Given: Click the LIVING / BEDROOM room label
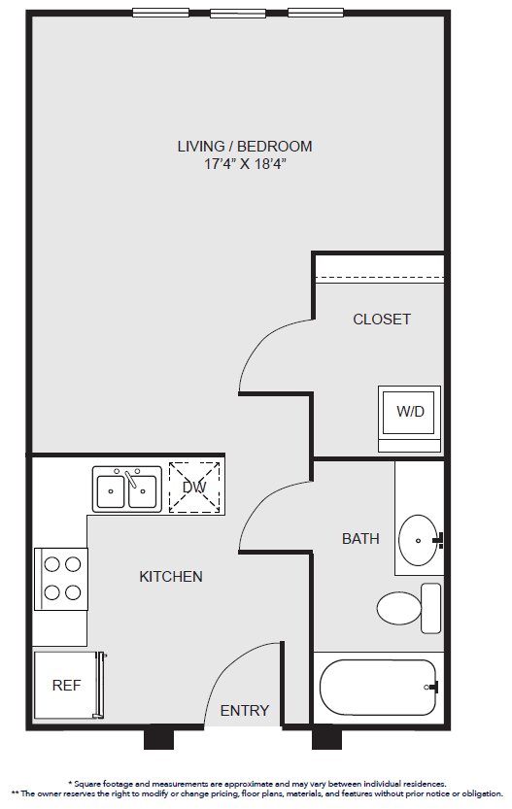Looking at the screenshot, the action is coord(245,147).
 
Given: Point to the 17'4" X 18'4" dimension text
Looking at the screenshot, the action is coord(245,164).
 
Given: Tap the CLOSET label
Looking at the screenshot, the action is coord(382,320).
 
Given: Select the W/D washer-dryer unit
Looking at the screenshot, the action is coord(409,419).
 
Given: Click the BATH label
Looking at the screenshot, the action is coord(360,539).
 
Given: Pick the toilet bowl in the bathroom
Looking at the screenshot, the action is coord(399,608).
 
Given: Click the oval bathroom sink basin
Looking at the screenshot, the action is coord(418,540).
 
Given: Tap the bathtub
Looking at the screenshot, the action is coord(378,688).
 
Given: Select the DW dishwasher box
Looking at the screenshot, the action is coord(194,488).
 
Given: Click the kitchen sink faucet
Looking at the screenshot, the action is coord(131,479).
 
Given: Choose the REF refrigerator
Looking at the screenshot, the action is coord(69,686).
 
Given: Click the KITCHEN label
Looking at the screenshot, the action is coord(171,576).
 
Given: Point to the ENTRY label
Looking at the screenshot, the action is coord(245,711).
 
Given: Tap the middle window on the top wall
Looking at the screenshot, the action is coord(238,13).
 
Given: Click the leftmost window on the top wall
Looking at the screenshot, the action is coord(160,13).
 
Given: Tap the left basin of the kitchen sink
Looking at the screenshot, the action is coord(111,491).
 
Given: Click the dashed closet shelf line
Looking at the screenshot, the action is coord(380,278).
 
